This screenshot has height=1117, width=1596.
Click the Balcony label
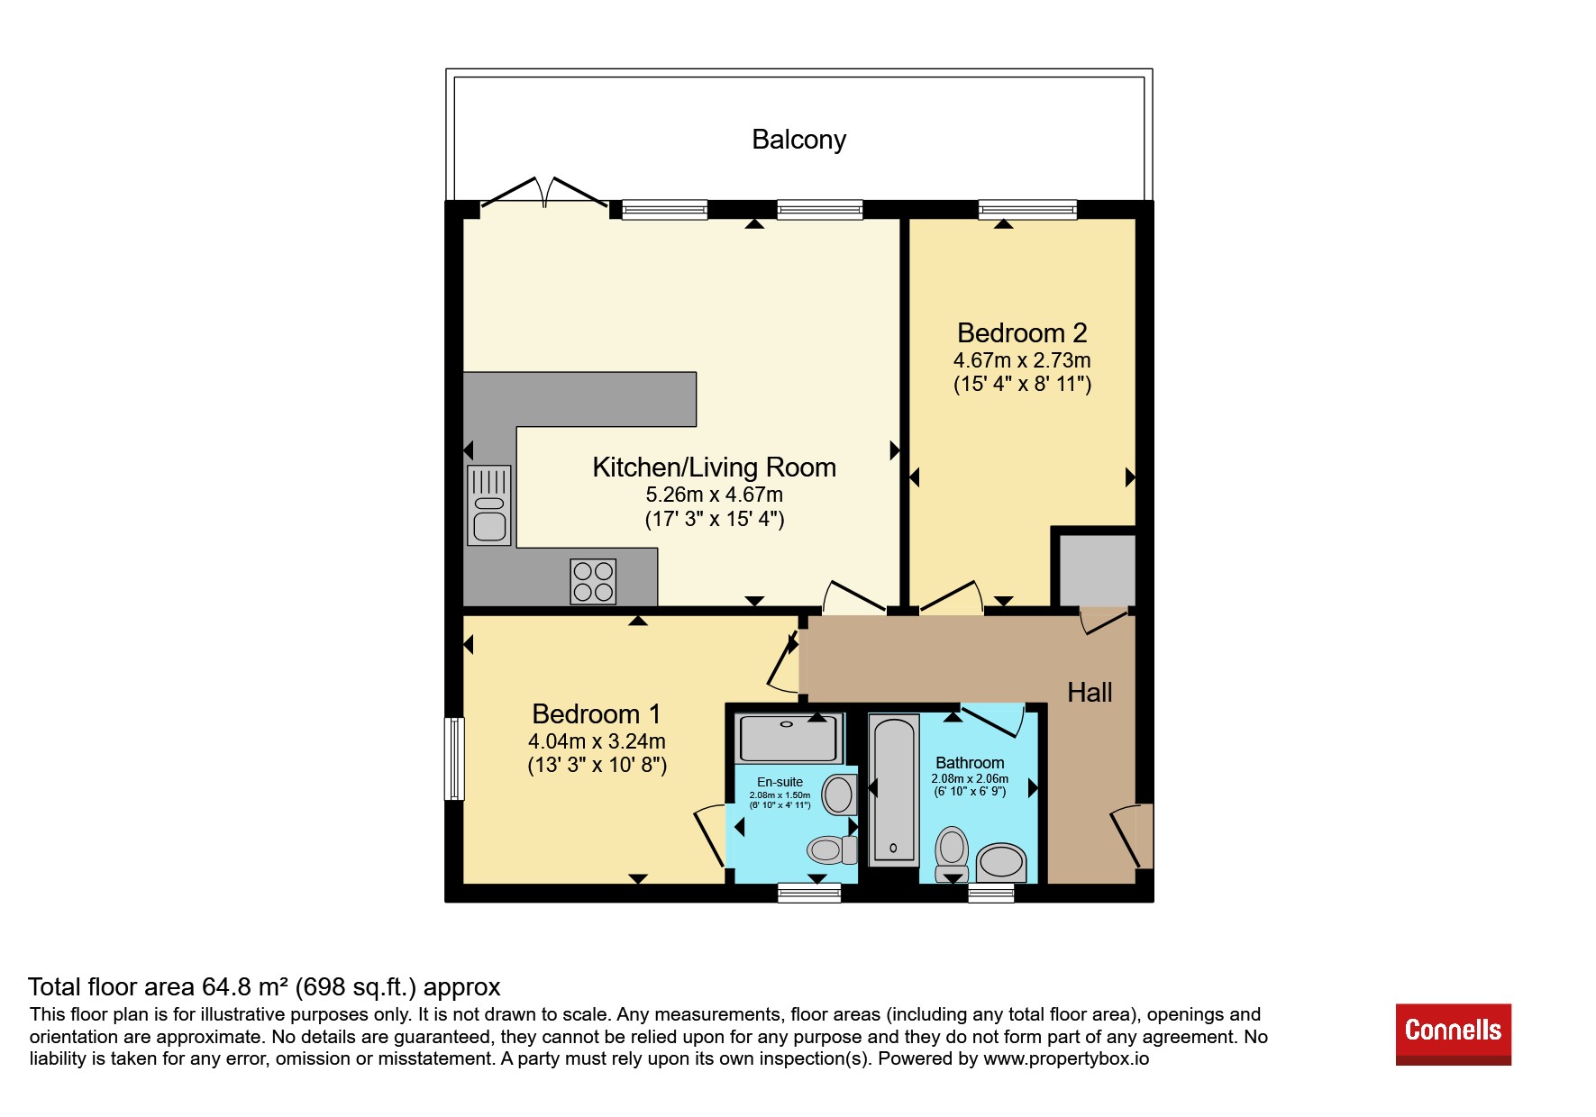(x=798, y=140)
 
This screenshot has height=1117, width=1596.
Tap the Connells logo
(x=1453, y=1034)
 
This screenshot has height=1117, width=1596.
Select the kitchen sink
(x=488, y=505)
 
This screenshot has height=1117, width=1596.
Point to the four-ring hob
(x=593, y=581)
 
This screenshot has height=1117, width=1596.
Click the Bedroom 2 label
(x=1022, y=333)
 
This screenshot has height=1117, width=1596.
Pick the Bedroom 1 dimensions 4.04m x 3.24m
(x=597, y=741)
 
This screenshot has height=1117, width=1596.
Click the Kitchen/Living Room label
(x=714, y=468)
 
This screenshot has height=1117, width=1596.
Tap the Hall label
(x=1090, y=693)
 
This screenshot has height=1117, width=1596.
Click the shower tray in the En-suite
(x=789, y=738)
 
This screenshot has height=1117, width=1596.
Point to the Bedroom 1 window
(x=455, y=758)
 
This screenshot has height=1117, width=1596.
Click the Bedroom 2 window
(x=1027, y=210)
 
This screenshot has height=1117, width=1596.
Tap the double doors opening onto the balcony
(x=544, y=194)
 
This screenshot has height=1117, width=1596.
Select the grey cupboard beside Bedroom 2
(x=1097, y=570)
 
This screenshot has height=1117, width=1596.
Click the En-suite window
(x=809, y=893)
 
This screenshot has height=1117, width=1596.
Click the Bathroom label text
(x=970, y=763)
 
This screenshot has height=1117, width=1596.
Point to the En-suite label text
(x=780, y=782)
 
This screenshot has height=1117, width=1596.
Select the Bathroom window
(x=990, y=893)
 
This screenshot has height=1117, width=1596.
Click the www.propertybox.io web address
(x=1066, y=1059)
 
